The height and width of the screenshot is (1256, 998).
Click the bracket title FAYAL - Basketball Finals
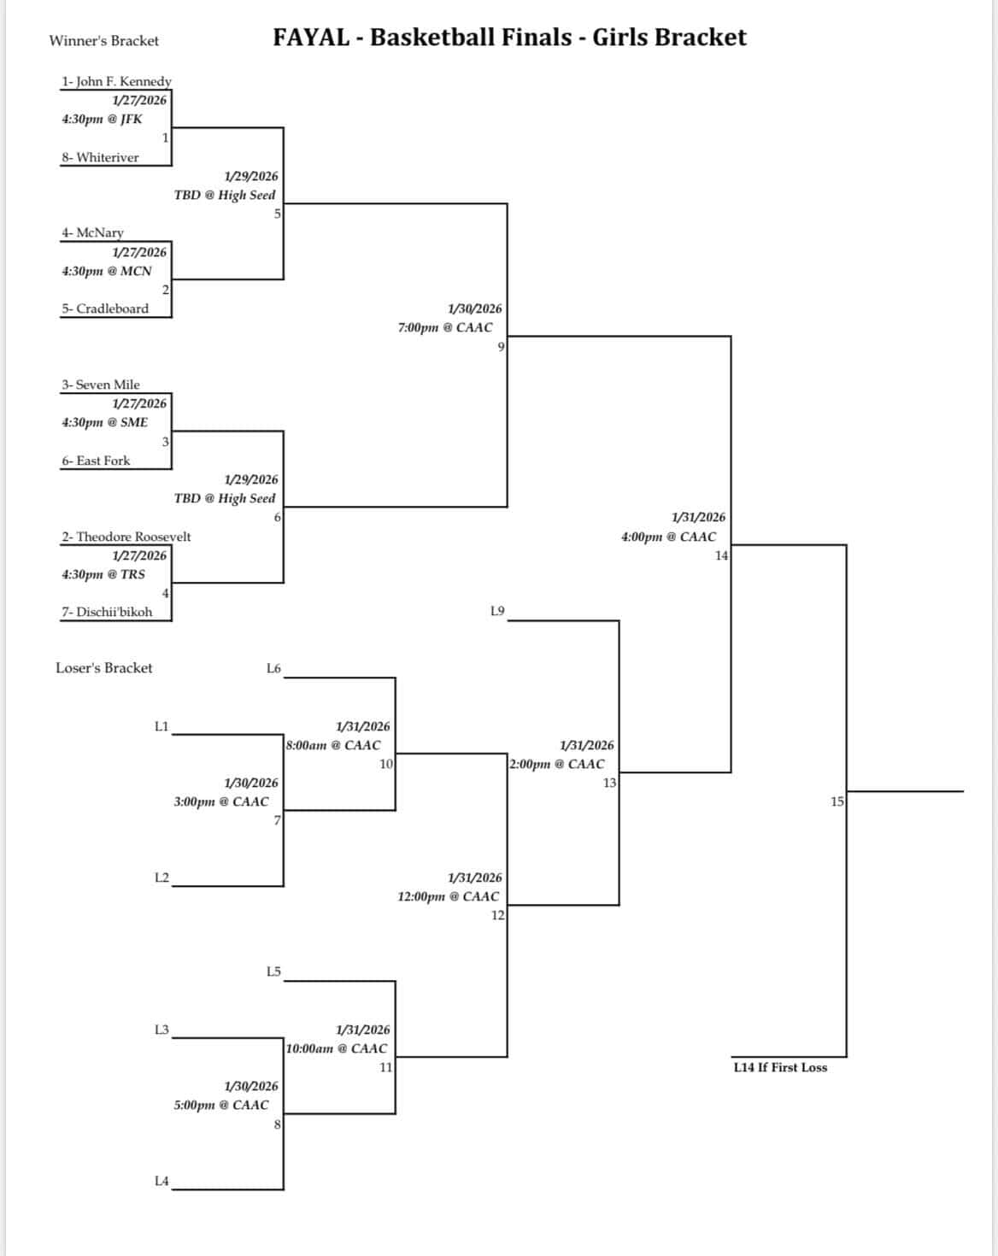point(509,38)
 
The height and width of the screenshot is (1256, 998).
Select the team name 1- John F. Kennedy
point(116,82)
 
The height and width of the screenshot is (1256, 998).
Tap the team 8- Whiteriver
point(100,158)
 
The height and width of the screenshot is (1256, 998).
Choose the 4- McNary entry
point(92,233)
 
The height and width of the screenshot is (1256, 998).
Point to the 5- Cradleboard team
point(104,309)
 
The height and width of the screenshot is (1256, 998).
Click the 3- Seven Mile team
point(100,385)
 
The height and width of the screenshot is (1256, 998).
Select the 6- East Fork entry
point(96,461)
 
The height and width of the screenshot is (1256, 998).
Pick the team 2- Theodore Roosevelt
point(126,537)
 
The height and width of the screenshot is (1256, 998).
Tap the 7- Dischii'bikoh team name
point(107,613)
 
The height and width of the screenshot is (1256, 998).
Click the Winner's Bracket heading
point(103,41)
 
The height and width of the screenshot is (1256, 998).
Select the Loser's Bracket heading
point(103,668)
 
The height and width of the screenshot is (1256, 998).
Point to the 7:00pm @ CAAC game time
point(445,328)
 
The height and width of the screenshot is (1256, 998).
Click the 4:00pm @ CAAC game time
point(668,537)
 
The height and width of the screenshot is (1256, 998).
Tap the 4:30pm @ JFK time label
point(102,120)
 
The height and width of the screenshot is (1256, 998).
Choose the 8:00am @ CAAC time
point(334,746)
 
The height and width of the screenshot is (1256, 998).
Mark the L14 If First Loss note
point(780,1068)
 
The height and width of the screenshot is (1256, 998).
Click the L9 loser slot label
point(497,611)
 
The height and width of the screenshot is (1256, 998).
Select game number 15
point(837,801)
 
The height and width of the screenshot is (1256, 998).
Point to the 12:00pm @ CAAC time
point(449,897)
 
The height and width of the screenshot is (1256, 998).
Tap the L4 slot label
point(161,1182)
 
